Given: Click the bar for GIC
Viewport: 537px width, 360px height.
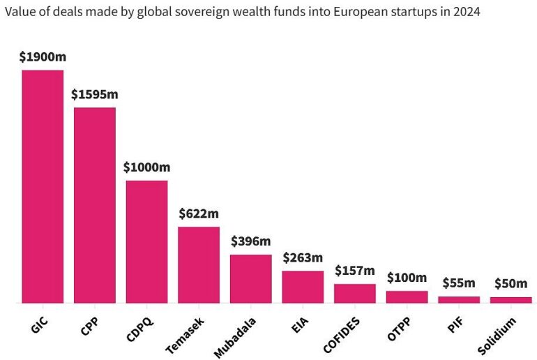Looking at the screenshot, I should [x=43, y=186].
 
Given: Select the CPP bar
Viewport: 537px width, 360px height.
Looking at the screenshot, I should [x=95, y=205].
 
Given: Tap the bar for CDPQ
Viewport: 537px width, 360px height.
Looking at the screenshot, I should [x=146, y=241].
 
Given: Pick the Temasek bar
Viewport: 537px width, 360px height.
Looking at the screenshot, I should [x=199, y=265].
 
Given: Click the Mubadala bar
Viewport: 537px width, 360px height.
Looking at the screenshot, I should [x=251, y=279].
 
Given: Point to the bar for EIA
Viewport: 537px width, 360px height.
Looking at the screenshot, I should [x=303, y=287].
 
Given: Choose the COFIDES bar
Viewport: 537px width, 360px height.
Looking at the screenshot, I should [x=355, y=294].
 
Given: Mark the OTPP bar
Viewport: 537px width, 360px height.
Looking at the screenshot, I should [x=407, y=297].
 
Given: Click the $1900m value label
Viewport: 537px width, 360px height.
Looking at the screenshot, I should [x=43, y=57].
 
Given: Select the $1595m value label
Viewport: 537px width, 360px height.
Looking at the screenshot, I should [x=94, y=94].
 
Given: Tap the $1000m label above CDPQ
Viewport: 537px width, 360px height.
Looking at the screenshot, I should [x=146, y=167].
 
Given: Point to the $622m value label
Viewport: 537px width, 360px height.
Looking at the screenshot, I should [x=199, y=213].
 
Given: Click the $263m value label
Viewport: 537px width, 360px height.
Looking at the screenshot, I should [x=303, y=257].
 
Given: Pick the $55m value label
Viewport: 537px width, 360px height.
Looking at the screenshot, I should [x=459, y=283].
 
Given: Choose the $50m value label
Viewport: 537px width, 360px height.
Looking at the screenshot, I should [x=511, y=284].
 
